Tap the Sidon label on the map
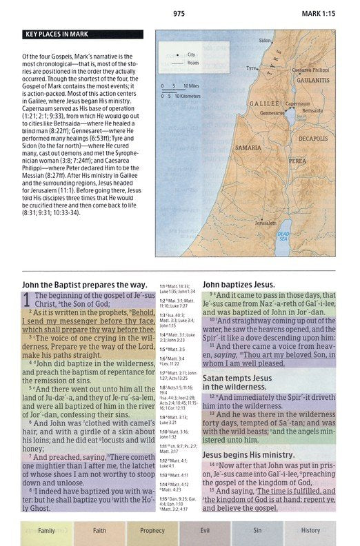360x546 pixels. tap(265, 41)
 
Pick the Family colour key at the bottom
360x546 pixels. tap(46, 530)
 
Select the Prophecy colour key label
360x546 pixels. tap(152, 530)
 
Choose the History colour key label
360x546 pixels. tap(310, 530)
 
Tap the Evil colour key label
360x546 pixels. tap(205, 530)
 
